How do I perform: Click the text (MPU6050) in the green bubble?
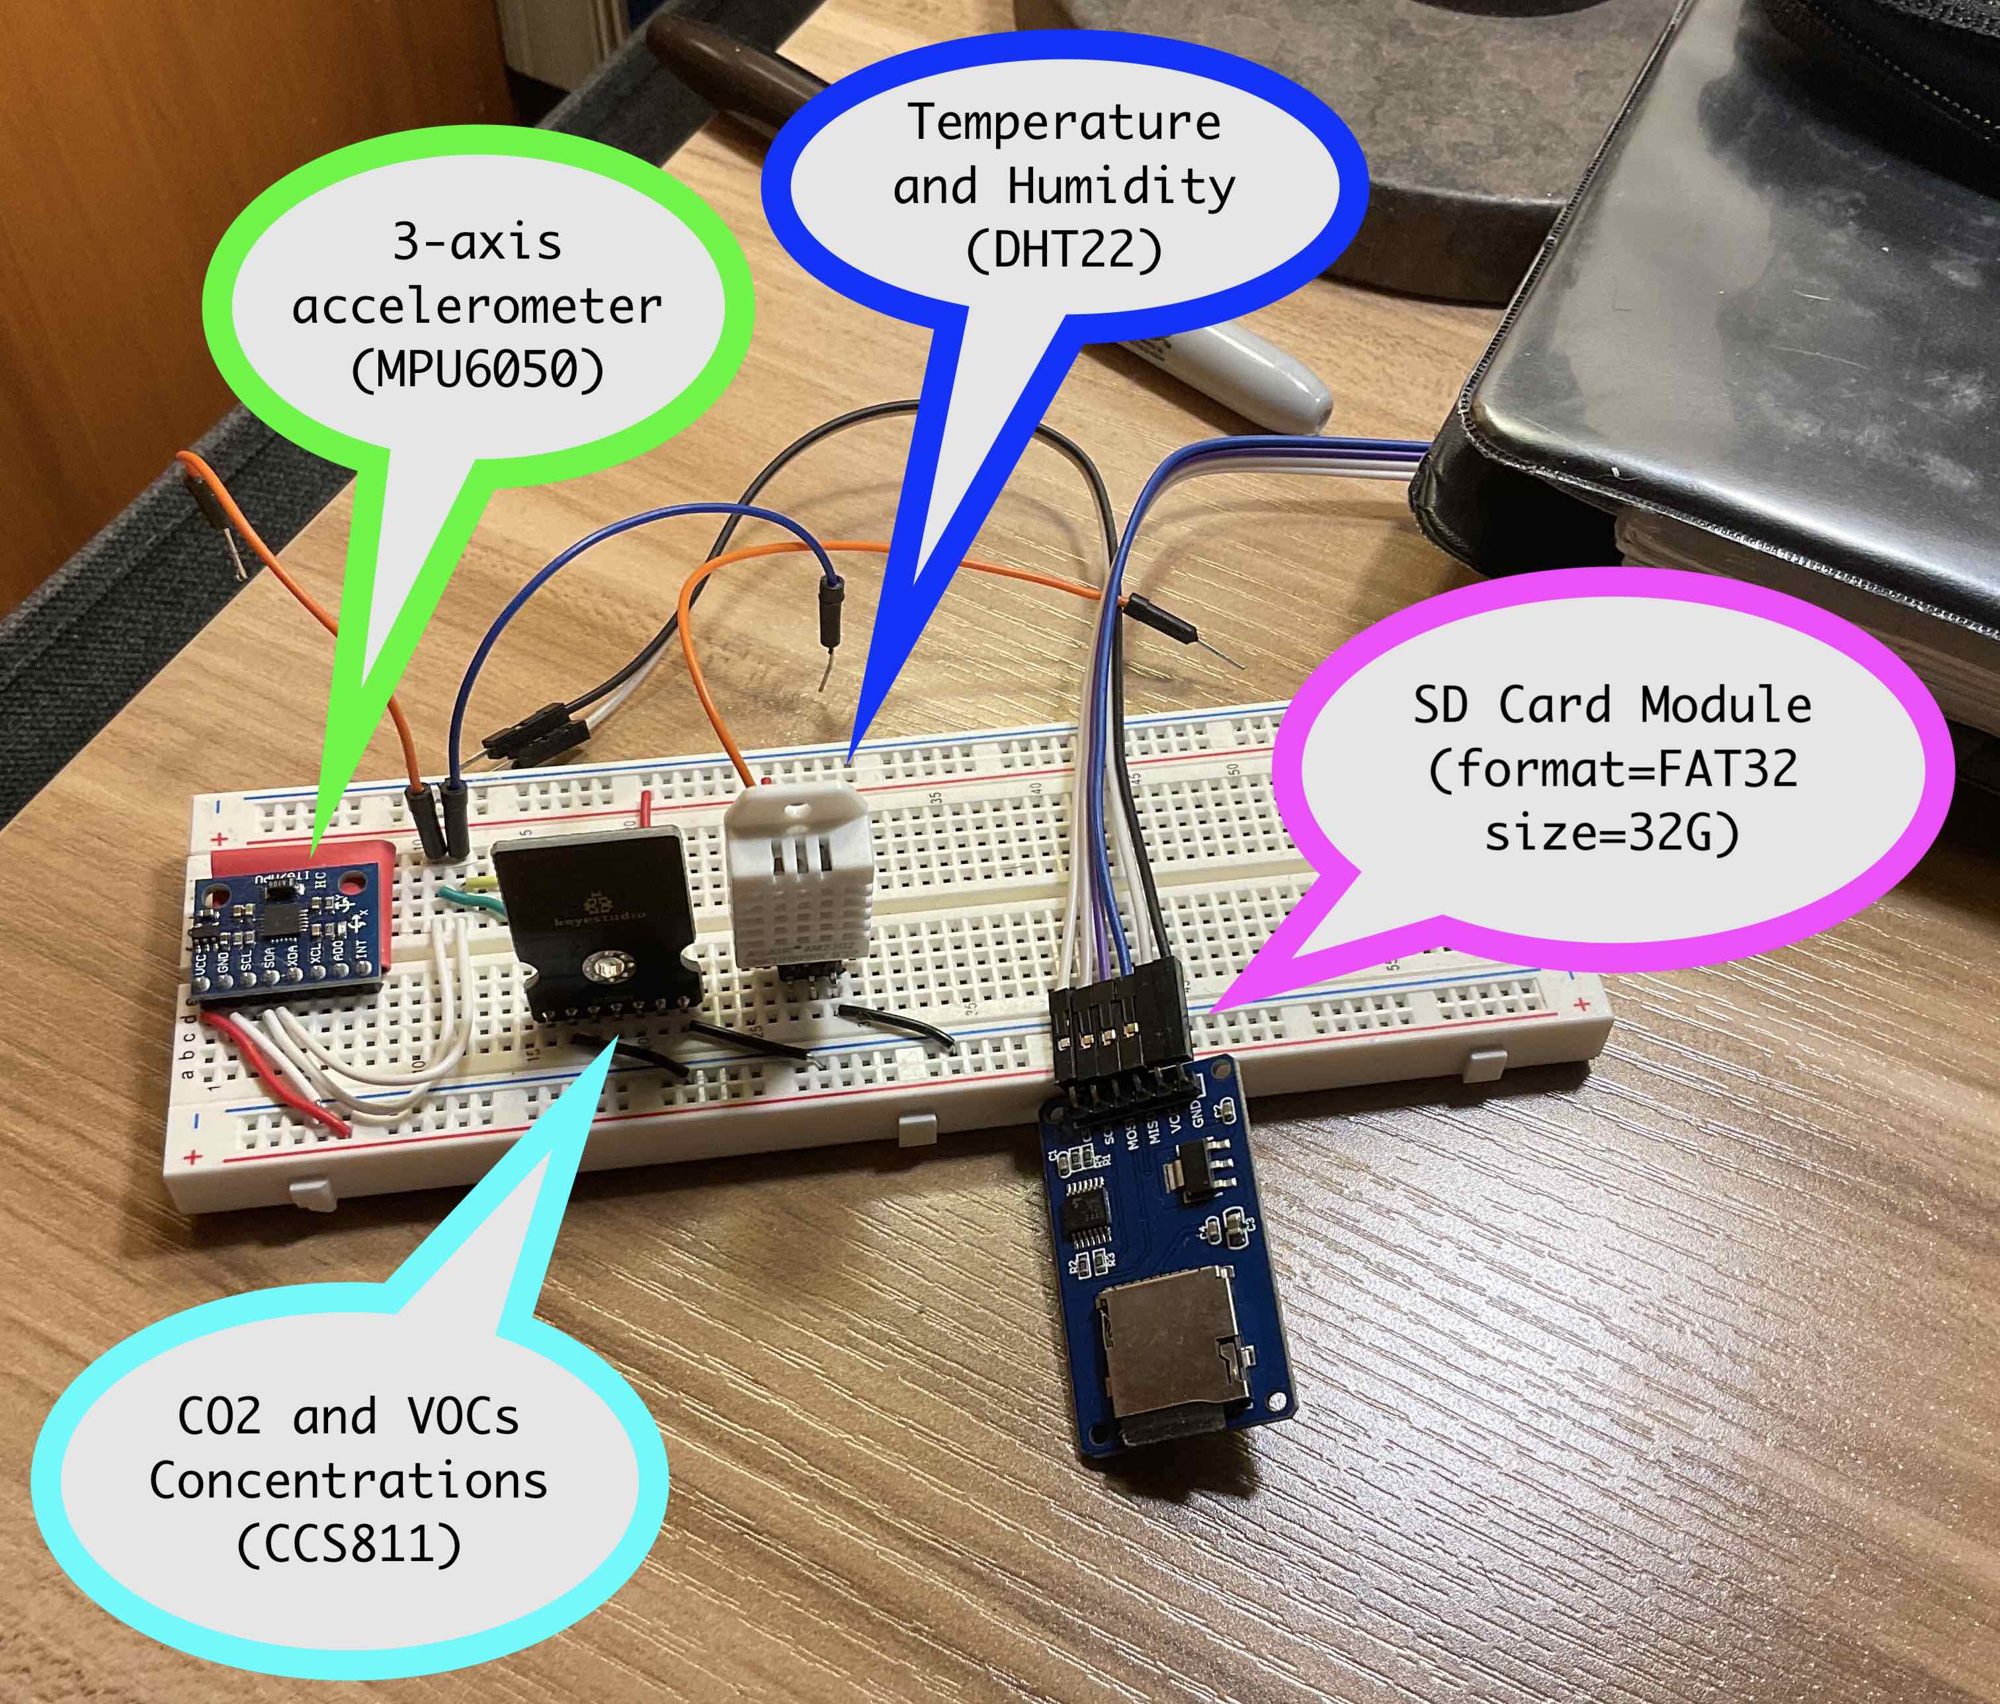coord(478,369)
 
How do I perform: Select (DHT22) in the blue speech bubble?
coord(1063,250)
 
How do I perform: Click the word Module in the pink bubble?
coord(1726,704)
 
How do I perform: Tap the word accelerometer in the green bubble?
coord(477,306)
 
